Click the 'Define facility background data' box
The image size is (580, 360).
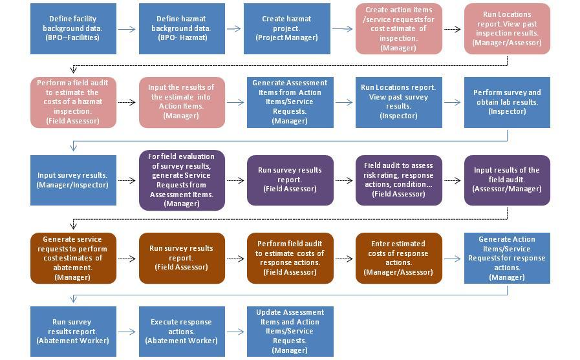[x=73, y=28]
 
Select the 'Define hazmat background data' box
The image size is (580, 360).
[x=182, y=28]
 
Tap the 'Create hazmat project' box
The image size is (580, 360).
[x=287, y=28]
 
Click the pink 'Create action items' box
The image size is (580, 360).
[x=398, y=28]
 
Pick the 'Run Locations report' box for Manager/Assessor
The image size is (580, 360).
[x=507, y=28]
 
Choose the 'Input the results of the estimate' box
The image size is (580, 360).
[x=182, y=102]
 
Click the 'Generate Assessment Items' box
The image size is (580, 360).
[x=290, y=102]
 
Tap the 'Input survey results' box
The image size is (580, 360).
[x=73, y=180]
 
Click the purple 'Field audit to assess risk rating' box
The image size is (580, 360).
[x=398, y=180]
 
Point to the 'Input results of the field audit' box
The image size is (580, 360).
[x=507, y=180]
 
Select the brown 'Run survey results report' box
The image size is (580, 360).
[x=182, y=257]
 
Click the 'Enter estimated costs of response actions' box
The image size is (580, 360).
[x=398, y=257]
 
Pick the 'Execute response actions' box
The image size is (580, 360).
[x=182, y=332]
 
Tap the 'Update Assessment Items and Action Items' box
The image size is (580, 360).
[x=290, y=332]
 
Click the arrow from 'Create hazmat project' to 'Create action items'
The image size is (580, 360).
[x=342, y=29]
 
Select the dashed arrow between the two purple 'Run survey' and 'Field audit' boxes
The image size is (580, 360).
[x=344, y=180]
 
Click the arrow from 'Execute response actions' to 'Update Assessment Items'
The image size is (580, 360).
[x=235, y=332]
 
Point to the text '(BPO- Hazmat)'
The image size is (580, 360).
[x=182, y=38]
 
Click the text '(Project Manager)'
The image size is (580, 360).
[x=287, y=38]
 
